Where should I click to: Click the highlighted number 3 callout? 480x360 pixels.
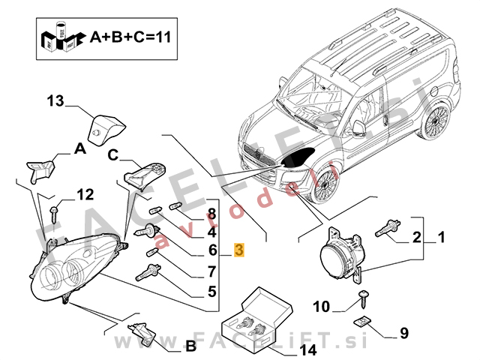(238, 250)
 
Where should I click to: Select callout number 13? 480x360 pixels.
(57, 100)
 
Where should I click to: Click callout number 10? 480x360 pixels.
(321, 306)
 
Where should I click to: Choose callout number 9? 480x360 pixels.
(403, 332)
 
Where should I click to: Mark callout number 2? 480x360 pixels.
(415, 238)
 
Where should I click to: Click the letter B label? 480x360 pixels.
(190, 346)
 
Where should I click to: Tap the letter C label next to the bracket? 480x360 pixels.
(112, 156)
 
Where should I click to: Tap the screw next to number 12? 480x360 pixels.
(56, 212)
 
